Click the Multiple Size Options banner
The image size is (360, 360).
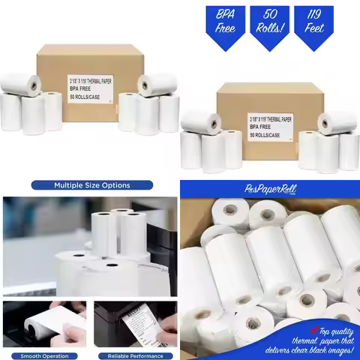click(91, 185)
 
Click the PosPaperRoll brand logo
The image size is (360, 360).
click(268, 191)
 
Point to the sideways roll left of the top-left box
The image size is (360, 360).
click(20, 82)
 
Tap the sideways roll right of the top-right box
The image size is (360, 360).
click(337, 121)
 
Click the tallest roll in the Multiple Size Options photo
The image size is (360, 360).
click(105, 232)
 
